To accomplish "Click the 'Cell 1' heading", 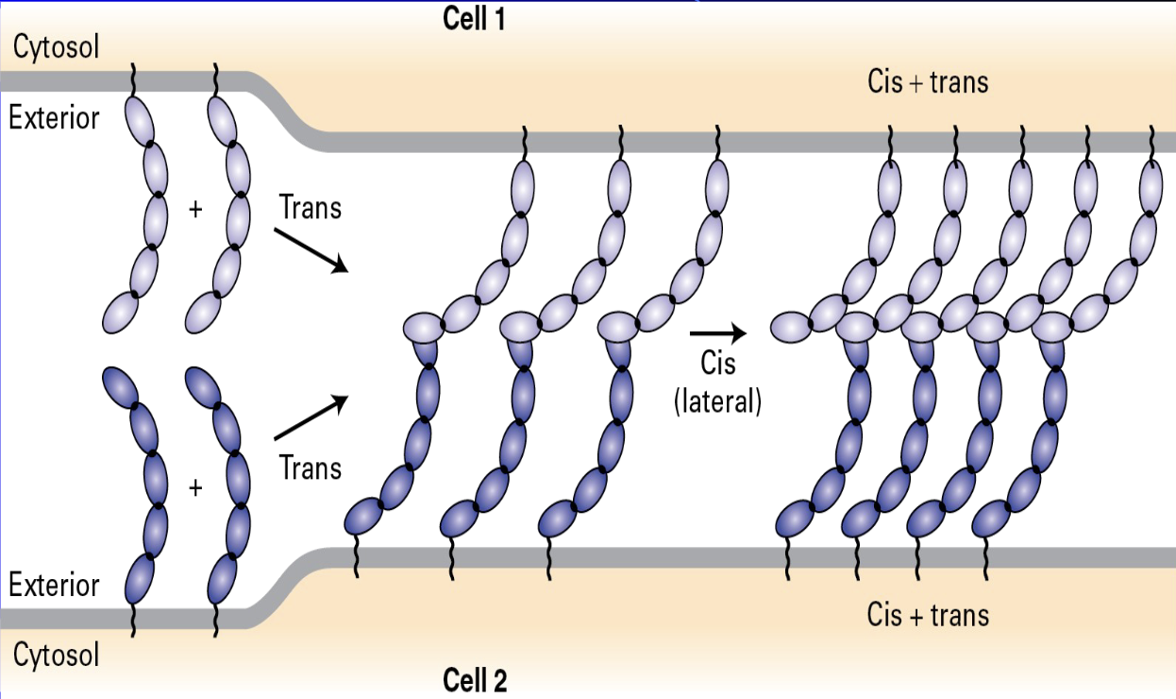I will point(474,20).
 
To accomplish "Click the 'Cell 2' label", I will point(475,680).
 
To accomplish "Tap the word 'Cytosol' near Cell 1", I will point(56,47).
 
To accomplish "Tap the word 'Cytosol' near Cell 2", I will point(56,655).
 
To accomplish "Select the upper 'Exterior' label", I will point(54,118).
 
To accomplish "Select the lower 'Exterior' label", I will point(54,585).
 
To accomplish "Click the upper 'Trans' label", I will point(311,207).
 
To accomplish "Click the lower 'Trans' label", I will point(311,467).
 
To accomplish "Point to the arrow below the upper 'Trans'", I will point(311,249).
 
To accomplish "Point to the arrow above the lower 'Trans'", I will point(311,418).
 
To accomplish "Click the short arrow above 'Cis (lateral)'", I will point(717,332).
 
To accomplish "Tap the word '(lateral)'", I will point(717,401).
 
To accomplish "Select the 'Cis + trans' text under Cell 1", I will point(928,82).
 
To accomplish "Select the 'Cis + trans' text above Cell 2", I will point(928,615).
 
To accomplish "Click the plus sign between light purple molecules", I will point(195,210).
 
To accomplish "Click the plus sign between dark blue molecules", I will point(195,488).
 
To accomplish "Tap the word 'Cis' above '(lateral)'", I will point(717,364).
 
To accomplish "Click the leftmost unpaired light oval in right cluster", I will point(794,328).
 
